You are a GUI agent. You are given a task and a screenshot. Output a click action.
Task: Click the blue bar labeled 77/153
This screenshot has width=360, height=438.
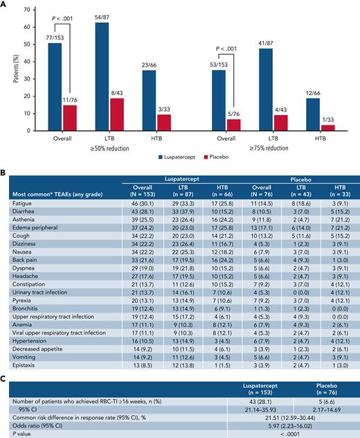(55, 87)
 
